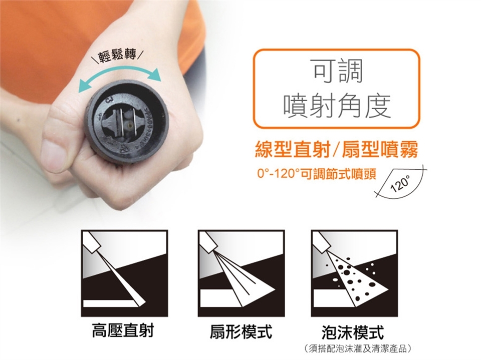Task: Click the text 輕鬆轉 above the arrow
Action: point(117,56)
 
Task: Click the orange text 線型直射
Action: point(293,150)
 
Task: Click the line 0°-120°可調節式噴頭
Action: point(317,174)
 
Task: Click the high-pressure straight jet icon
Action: point(124,273)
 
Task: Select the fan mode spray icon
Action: point(241,273)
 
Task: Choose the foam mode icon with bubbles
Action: point(354,273)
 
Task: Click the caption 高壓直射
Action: point(123,331)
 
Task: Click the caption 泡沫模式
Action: point(353,332)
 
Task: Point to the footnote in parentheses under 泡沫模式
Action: point(358,348)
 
